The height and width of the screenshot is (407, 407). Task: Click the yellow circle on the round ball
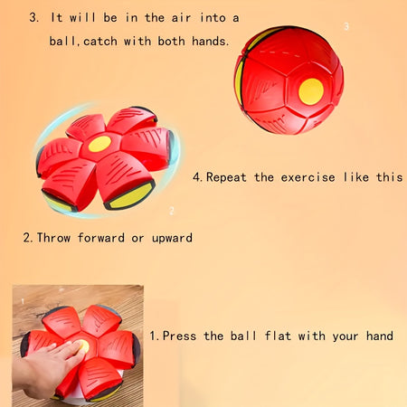(x=311, y=91)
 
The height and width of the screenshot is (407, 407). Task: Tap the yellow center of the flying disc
(x=99, y=144)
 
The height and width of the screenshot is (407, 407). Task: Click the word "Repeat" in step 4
(x=226, y=177)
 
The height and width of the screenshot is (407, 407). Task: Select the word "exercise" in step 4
(x=308, y=177)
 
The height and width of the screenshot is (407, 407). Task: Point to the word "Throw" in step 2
(x=53, y=238)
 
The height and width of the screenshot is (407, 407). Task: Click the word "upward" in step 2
(x=172, y=238)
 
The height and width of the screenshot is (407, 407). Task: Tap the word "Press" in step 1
(x=179, y=336)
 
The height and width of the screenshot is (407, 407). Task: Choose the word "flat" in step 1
(x=278, y=336)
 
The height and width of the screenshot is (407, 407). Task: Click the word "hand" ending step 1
(x=380, y=336)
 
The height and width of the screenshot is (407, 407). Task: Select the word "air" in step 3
(x=182, y=18)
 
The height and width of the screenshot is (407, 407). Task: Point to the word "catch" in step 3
(x=100, y=41)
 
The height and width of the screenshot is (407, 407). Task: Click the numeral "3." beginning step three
(x=34, y=17)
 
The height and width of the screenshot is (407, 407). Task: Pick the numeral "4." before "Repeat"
(x=198, y=177)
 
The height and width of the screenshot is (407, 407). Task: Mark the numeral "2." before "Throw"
(x=28, y=238)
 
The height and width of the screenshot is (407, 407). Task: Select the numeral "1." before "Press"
(x=155, y=336)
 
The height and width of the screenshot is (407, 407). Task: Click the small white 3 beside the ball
(x=346, y=26)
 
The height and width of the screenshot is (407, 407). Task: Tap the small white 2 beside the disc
(x=172, y=211)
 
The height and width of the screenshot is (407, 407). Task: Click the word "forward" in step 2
(x=101, y=238)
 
